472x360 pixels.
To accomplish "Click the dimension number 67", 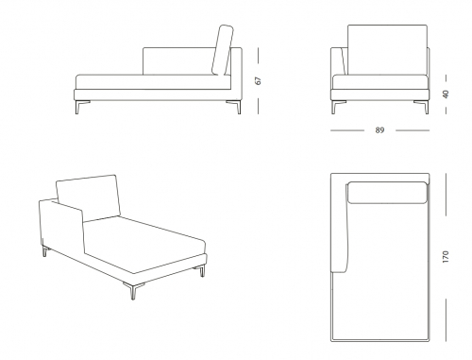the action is [x=259, y=80].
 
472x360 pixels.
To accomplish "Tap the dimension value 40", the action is [x=446, y=94].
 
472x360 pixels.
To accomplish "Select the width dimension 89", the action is [x=379, y=130].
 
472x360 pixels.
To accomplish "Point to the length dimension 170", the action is [x=446, y=257].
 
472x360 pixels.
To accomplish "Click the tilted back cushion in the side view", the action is [x=223, y=50].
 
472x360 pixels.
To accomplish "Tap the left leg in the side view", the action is [x=81, y=107].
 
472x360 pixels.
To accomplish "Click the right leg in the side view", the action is [x=234, y=107].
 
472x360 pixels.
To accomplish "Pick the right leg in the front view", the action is [x=422, y=107].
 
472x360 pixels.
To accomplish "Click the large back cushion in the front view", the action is [x=387, y=50].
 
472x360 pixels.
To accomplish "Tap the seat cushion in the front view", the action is [x=380, y=82].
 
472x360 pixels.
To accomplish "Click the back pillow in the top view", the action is [x=388, y=193].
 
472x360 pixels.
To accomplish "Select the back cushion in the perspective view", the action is [x=89, y=197].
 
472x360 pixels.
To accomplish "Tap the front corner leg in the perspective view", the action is [x=132, y=289].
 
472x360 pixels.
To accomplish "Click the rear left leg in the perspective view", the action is [x=46, y=251].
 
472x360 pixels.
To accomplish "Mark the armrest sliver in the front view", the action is [x=344, y=61].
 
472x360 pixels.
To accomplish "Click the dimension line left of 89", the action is [x=347, y=130].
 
